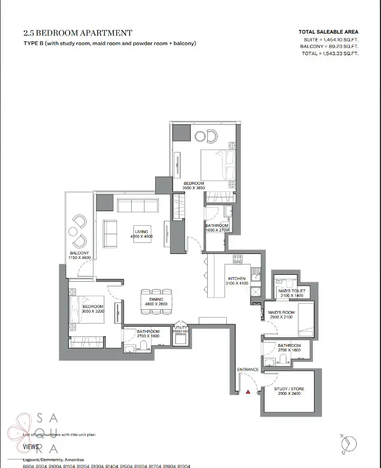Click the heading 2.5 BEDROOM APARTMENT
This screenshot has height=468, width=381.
point(78,33)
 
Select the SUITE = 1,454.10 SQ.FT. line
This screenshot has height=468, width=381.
point(329,39)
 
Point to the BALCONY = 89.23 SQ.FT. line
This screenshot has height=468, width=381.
point(329,46)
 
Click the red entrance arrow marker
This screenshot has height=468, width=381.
point(248,391)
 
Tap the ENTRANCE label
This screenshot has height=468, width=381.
point(248,369)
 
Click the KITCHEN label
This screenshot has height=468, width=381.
point(236,278)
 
